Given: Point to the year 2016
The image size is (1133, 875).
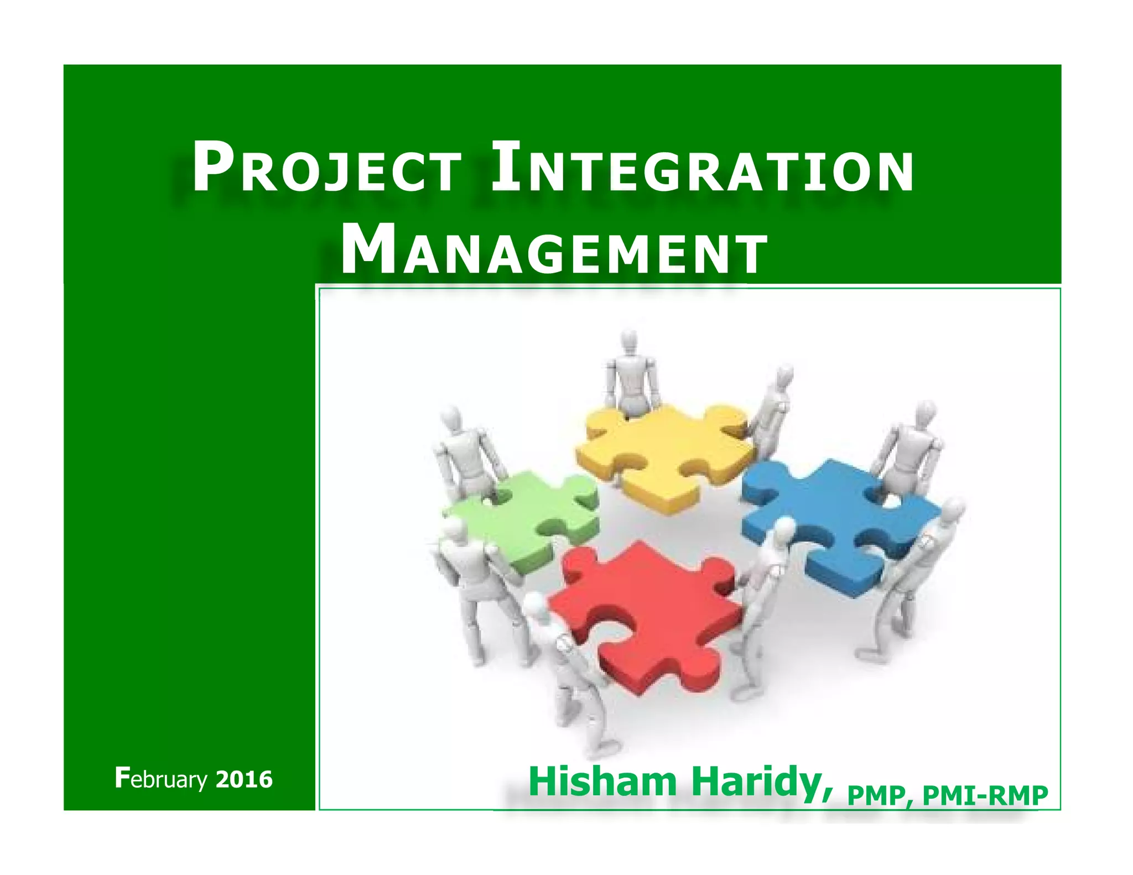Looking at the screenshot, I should (244, 779).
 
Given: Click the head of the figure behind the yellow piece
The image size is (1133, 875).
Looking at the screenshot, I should (630, 340).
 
